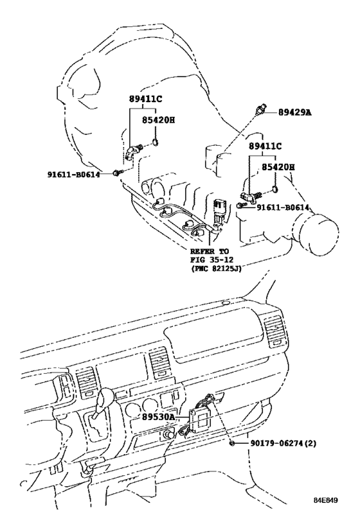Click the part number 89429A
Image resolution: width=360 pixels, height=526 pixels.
pos(294,112)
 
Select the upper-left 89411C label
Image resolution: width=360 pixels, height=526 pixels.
pos(145,99)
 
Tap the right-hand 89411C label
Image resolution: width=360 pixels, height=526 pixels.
pos(265,146)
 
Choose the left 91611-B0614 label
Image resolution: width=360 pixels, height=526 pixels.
pos(73,174)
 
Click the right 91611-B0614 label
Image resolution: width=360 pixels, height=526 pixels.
pos(283,207)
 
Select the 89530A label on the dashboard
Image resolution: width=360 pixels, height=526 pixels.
pos(158,417)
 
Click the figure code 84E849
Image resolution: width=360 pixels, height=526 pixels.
pos(325,500)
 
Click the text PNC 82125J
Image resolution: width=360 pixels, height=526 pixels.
pos(216,268)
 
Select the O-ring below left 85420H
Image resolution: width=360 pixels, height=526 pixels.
pos(155,143)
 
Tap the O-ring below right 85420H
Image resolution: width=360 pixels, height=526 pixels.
pos(274,190)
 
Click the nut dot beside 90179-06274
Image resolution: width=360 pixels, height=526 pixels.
pos(231,444)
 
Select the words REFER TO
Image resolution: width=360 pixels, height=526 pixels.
pos(210,251)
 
